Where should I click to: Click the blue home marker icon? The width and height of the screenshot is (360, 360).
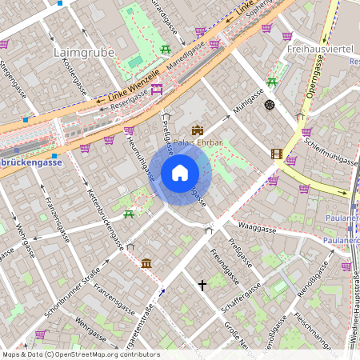[180, 172]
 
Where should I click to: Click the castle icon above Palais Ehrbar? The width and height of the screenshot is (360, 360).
[198, 130]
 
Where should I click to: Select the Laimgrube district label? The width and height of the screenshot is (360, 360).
[83, 53]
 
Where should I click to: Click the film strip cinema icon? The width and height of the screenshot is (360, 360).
[277, 154]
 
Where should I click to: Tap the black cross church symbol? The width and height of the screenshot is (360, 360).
[202, 285]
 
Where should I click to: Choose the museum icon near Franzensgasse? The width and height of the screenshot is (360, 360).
[146, 263]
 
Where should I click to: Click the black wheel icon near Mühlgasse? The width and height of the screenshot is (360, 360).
[270, 104]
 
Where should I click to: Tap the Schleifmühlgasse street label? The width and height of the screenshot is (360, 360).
[330, 150]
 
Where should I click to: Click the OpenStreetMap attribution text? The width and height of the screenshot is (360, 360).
[70, 354]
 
